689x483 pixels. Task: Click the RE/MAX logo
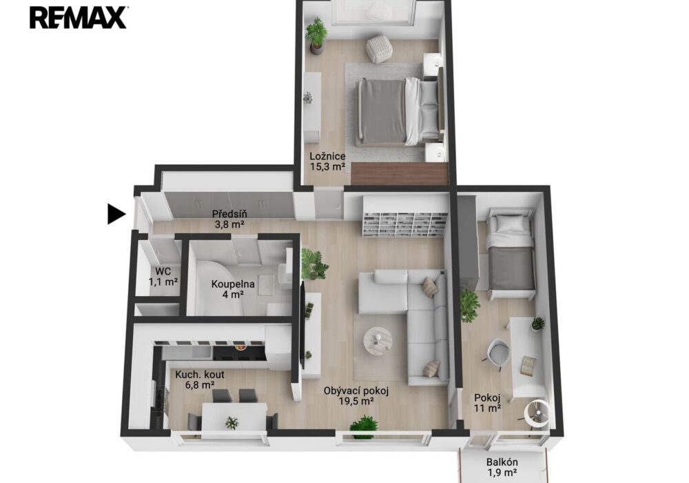(x=79, y=18)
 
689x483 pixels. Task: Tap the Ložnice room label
(x=327, y=161)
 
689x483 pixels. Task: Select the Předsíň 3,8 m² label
(x=229, y=219)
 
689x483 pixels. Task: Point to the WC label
(x=163, y=277)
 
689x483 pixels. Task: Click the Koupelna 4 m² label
(x=232, y=289)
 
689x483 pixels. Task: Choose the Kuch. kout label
(x=200, y=379)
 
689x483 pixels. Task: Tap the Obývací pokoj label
(x=356, y=395)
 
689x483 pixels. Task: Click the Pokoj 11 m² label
(x=487, y=403)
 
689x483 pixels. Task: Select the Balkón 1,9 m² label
(x=502, y=468)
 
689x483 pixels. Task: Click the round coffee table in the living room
(x=378, y=340)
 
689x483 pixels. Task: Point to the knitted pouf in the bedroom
(x=379, y=48)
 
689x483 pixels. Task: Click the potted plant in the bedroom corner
(x=316, y=35)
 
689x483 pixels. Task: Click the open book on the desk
(x=528, y=366)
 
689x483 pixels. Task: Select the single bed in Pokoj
(x=512, y=253)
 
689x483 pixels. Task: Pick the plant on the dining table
(x=232, y=423)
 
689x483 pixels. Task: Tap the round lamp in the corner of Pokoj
(x=537, y=413)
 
